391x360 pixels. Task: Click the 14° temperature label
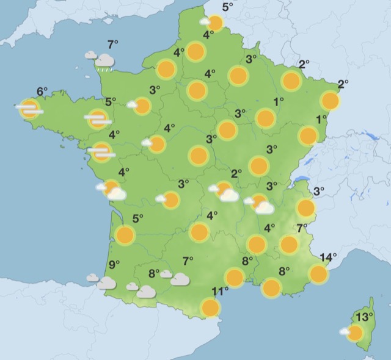point(329,257)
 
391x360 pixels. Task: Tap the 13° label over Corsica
point(365,317)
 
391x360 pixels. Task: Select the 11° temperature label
point(220,291)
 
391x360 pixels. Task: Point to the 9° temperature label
point(114,264)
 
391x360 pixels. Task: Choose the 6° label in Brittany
point(42,92)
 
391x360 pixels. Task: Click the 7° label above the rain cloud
point(112,44)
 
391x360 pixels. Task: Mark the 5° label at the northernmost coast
point(228,7)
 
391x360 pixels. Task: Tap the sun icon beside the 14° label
point(318,274)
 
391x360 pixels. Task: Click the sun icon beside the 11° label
point(210,308)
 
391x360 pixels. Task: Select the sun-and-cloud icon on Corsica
point(353,333)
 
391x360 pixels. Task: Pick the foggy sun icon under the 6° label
point(29,109)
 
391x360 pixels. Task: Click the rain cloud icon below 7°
point(103,60)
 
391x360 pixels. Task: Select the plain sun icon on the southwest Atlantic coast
point(125,234)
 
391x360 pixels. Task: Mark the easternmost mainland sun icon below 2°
point(330,101)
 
